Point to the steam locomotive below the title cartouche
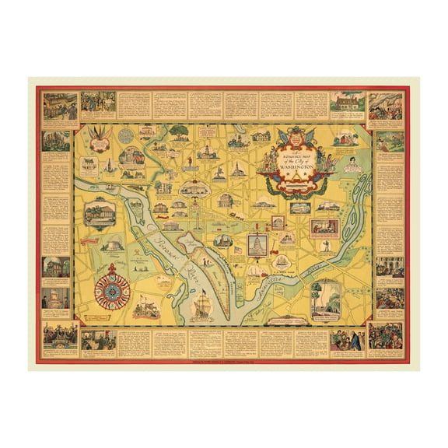pyautogui.click(x=299, y=208)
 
